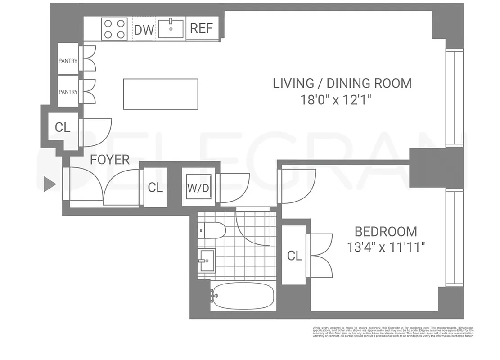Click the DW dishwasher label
coord(144,30)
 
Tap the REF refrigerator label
coord(201,29)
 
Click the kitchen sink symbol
coord(171,28)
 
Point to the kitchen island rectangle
coord(161,94)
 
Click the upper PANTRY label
coord(68,61)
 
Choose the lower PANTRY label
coord(68,92)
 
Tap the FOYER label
coord(110,160)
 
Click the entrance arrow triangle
coord(49,184)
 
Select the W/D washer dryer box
coord(198,188)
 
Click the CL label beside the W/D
coord(155,188)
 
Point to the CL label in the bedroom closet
coord(295,256)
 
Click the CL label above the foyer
coord(63,127)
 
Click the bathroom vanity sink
coord(207,260)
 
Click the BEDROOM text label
coord(386,232)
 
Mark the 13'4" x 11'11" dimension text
coord(386,247)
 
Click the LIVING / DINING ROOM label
coord(342,83)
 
